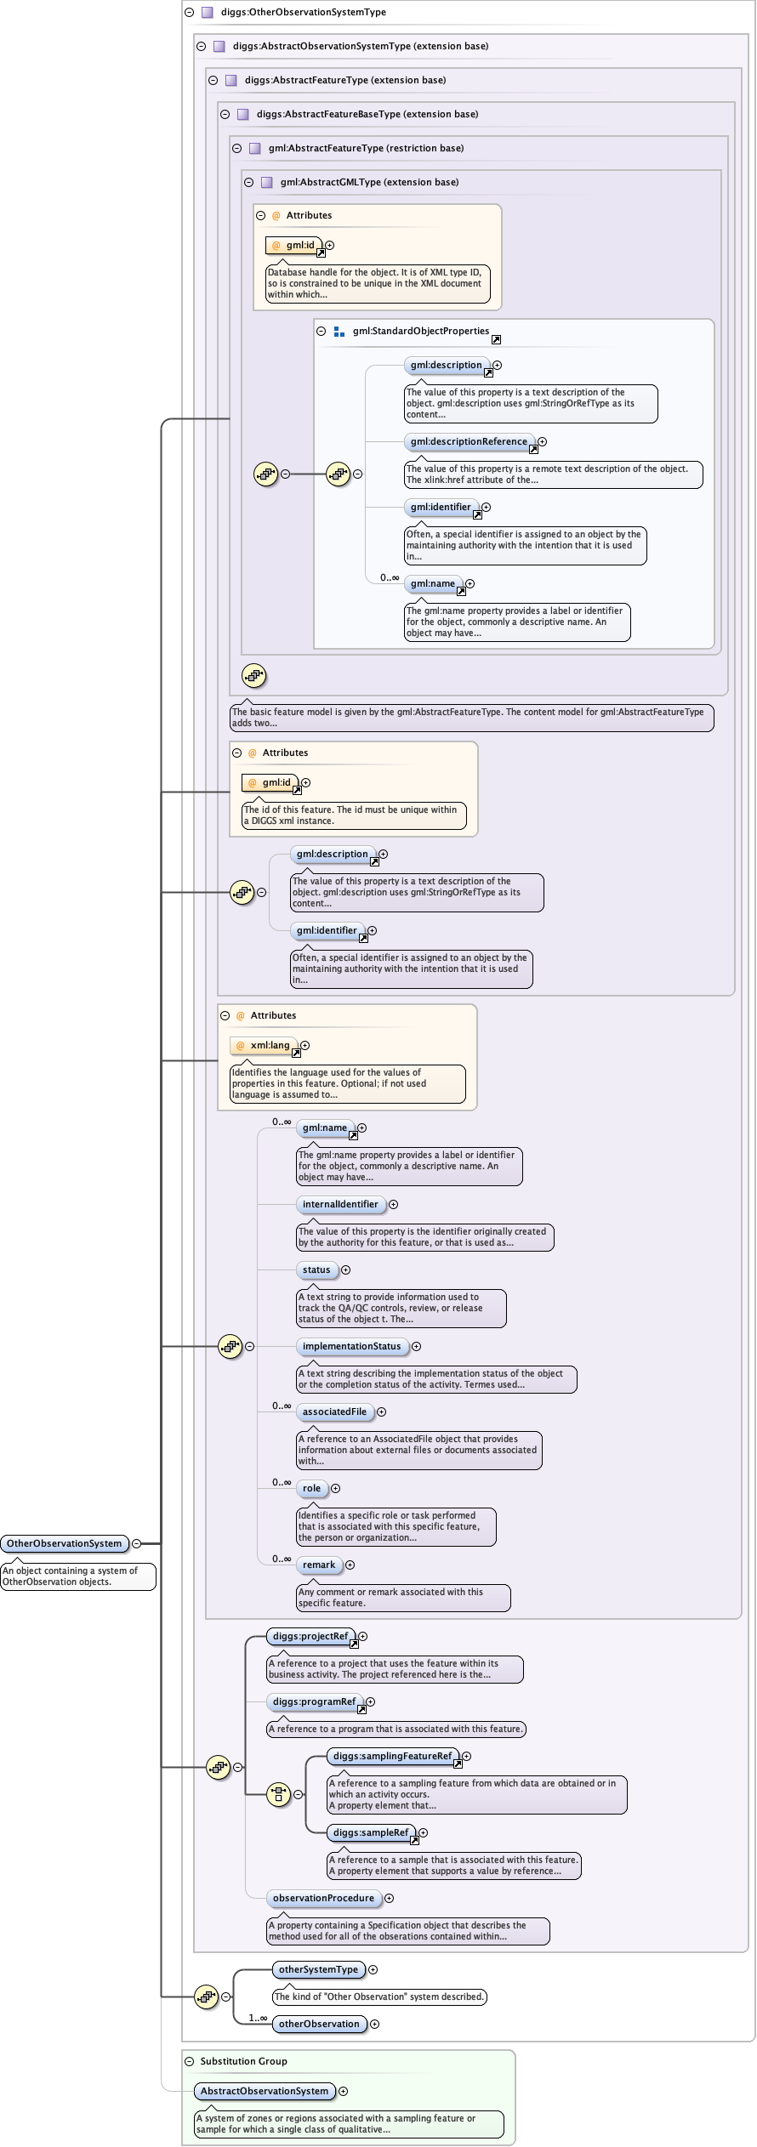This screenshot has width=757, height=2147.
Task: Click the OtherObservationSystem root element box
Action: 65,1543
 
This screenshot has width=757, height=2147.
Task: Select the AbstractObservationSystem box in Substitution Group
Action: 264,2091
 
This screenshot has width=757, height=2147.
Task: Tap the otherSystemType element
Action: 318,1969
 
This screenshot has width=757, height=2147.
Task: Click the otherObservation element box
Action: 319,2024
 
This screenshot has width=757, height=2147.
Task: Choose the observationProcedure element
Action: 323,1898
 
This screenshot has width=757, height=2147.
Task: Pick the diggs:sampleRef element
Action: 371,1832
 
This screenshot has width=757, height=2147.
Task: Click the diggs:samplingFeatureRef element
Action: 392,1756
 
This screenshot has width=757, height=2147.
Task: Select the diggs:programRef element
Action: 314,1701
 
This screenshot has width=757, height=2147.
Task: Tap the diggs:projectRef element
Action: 310,1636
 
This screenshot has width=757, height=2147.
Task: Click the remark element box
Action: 319,1565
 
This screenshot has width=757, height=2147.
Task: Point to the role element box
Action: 312,1488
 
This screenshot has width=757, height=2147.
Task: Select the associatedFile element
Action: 334,1411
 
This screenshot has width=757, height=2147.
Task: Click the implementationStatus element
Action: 351,1346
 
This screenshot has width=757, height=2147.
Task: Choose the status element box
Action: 316,1269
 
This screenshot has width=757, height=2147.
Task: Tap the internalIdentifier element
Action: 340,1204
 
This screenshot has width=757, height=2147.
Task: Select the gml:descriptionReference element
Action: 469,441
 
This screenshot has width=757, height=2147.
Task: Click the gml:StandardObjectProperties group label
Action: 421,331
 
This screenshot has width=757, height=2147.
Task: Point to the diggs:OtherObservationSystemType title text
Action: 304,12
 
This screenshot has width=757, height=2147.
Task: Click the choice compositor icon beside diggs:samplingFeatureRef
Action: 278,1794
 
